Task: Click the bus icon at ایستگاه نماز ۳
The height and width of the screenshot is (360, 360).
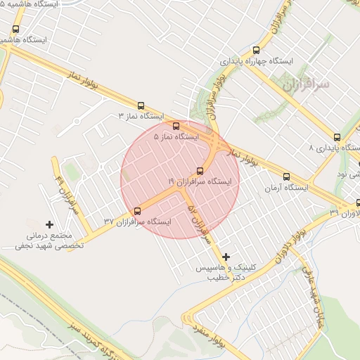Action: point(141,105)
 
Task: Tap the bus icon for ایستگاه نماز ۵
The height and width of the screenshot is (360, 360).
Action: point(176,127)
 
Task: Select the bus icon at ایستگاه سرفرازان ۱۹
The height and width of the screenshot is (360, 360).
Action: point(200,171)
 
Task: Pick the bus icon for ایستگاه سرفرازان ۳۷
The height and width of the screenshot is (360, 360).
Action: point(137,211)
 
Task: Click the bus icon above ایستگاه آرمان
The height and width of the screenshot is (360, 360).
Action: point(286,177)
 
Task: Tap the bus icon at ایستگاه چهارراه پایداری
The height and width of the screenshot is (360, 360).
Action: point(255,50)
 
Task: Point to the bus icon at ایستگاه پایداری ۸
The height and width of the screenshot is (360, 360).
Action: point(337,137)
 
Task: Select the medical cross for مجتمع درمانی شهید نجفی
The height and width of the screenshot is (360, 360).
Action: point(49,224)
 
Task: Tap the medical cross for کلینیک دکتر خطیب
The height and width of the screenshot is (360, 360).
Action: point(226,257)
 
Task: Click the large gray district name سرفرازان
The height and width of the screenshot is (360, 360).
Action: point(306,85)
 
